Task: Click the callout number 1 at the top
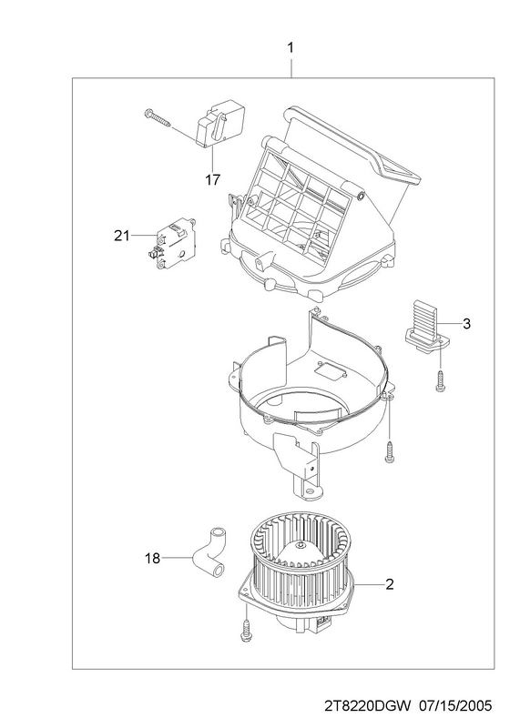291,48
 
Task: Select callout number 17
212,179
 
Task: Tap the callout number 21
122,236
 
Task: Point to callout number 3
466,323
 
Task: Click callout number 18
152,558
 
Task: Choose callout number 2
390,584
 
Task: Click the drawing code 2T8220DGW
368,706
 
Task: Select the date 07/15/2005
455,706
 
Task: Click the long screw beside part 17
158,117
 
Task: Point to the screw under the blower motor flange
245,631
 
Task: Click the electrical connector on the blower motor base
324,622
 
